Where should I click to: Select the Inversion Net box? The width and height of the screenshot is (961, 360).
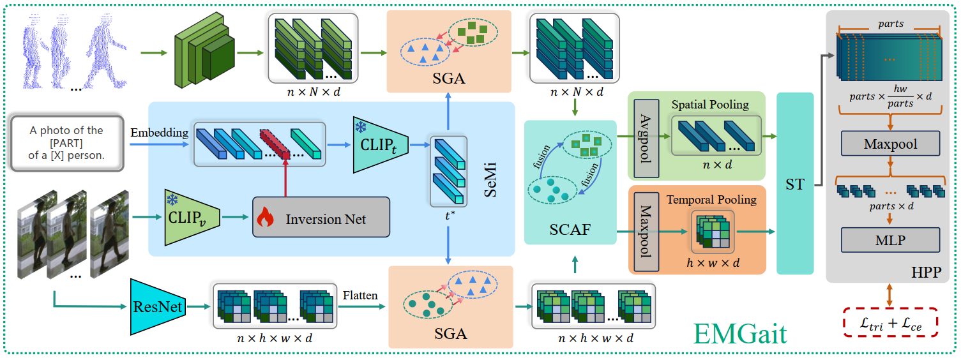pos(321,219)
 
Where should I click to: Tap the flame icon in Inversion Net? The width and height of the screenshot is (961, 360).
pos(264,219)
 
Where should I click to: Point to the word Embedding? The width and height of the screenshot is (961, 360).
pos(160,133)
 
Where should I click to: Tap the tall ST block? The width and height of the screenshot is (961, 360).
pos(795,184)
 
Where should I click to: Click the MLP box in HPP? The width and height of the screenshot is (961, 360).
pos(890,240)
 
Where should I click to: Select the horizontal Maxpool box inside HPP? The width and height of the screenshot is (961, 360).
pos(890,144)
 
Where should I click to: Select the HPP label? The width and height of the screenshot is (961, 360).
pos(927,273)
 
